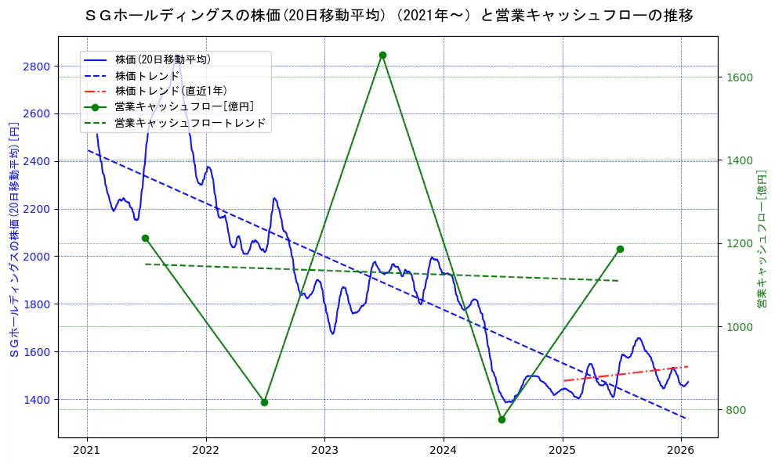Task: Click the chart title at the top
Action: pyautogui.click(x=388, y=16)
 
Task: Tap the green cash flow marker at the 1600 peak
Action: pyautogui.click(x=382, y=55)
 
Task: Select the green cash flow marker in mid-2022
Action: pyautogui.click(x=264, y=402)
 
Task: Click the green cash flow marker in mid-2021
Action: pyautogui.click(x=145, y=238)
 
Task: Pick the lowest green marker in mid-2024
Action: pyautogui.click(x=502, y=419)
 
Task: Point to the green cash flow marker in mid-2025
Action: pyautogui.click(x=620, y=249)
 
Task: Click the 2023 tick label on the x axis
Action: pyautogui.click(x=324, y=450)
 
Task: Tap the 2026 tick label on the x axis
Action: pyautogui.click(x=681, y=450)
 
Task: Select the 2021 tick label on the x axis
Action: pyautogui.click(x=87, y=450)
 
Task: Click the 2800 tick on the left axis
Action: pyautogui.click(x=38, y=67)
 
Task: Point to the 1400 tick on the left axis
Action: pyautogui.click(x=38, y=400)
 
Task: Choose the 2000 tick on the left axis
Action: pyautogui.click(x=38, y=257)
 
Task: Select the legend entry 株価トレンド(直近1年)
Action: pyautogui.click(x=171, y=91)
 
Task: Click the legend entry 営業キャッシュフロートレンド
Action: pyautogui.click(x=190, y=123)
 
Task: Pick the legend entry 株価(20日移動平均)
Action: pyautogui.click(x=162, y=59)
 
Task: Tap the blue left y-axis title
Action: pyautogui.click(x=13, y=239)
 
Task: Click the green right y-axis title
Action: pyautogui.click(x=761, y=239)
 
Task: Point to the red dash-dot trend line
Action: pyautogui.click(x=627, y=373)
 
